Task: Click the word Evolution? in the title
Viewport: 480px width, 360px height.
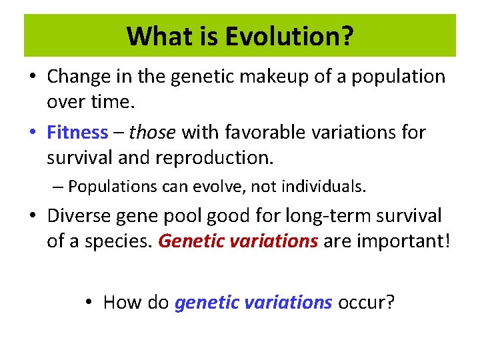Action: (x=289, y=36)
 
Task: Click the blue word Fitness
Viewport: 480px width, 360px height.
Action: (x=77, y=133)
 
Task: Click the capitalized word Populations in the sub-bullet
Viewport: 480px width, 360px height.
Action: (x=111, y=187)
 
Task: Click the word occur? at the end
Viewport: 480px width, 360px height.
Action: (x=367, y=302)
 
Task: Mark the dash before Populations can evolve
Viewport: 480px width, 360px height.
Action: (x=59, y=187)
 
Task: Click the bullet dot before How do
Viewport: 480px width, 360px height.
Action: (x=90, y=302)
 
